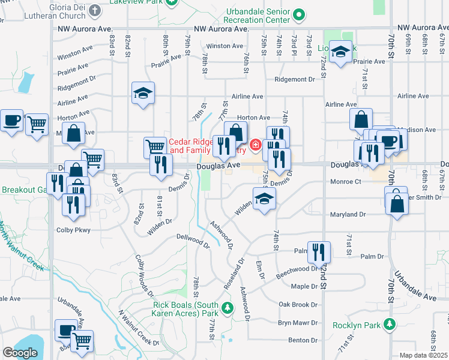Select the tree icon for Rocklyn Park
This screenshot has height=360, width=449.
390,325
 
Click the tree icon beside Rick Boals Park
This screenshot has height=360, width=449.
227,308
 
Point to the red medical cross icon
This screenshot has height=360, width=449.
255,145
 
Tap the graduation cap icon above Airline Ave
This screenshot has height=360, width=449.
143,93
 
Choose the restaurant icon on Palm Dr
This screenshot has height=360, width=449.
319,251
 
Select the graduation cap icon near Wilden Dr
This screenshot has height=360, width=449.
264,199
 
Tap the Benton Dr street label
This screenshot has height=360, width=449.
302,340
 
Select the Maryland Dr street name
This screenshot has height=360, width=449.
347,214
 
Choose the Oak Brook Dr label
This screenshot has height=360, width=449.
298,305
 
